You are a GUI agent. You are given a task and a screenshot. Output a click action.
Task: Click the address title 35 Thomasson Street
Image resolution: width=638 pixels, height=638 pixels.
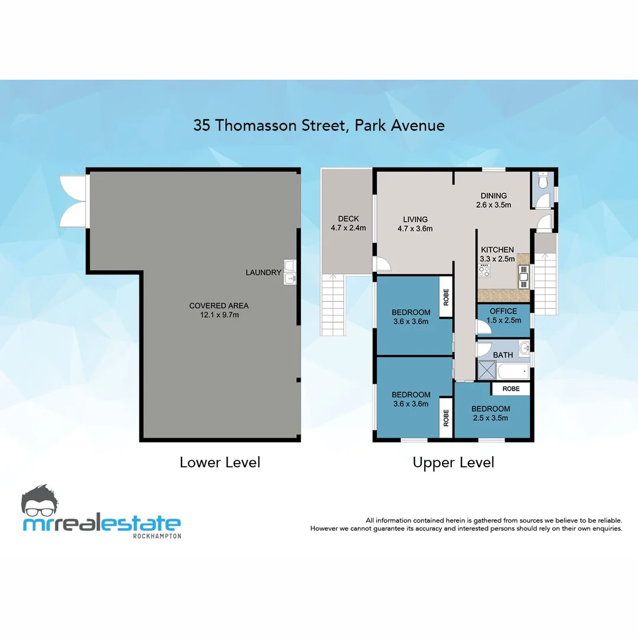[x=319, y=125]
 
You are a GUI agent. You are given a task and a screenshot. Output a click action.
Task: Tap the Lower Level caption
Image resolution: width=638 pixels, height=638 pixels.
[x=220, y=462]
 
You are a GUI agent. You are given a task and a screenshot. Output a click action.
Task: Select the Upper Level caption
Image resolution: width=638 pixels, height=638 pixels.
[x=453, y=462]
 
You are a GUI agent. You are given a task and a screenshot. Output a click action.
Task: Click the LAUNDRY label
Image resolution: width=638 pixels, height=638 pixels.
[x=263, y=272]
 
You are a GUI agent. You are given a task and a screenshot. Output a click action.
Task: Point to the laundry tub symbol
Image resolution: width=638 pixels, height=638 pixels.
[x=289, y=271]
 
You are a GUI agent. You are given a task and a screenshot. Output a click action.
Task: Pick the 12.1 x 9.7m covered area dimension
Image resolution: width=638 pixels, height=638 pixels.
[x=219, y=315]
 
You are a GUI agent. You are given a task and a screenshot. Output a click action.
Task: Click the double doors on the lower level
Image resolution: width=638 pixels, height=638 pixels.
[x=74, y=201]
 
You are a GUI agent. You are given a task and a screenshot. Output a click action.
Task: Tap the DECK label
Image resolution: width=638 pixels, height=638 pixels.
[x=348, y=219]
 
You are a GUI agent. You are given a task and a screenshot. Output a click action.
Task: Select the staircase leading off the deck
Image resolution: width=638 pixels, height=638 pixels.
[x=333, y=305]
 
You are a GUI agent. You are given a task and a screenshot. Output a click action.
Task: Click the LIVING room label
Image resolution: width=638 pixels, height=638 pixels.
[x=415, y=220]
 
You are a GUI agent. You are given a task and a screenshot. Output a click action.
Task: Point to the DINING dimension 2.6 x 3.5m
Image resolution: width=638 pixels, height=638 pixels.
[x=493, y=205]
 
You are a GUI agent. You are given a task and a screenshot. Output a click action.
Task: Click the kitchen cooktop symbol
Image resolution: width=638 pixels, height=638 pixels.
[x=484, y=271]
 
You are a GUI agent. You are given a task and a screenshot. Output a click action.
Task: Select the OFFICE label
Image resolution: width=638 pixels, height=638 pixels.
[x=503, y=311]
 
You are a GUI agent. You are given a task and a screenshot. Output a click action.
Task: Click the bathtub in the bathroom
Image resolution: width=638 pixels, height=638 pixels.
[x=513, y=372]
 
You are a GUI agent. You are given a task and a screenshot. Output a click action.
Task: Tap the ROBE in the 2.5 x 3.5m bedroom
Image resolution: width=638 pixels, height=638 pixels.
[x=511, y=389]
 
